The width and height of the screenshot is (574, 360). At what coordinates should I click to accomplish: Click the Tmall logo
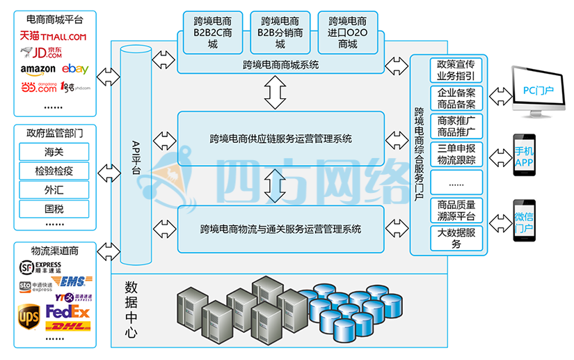click(x=53, y=36)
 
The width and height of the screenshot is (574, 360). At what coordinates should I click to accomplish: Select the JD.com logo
click(x=42, y=52)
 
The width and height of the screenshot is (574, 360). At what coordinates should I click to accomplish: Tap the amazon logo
click(x=38, y=70)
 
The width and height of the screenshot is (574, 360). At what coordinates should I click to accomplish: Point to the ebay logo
click(x=74, y=69)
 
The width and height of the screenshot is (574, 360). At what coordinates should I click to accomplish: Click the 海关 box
click(x=54, y=152)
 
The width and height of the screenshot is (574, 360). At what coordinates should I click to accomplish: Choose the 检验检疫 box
click(x=54, y=171)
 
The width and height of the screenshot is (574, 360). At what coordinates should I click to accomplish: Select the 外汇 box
click(x=54, y=189)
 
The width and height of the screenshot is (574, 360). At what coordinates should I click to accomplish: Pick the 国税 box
click(x=54, y=208)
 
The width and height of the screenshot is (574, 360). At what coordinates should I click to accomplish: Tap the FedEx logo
click(x=67, y=311)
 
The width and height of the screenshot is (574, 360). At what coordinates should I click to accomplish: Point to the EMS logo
click(x=72, y=281)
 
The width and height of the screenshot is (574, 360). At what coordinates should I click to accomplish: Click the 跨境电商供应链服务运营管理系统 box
click(x=280, y=139)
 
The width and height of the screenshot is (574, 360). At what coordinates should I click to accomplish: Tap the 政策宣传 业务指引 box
click(x=456, y=70)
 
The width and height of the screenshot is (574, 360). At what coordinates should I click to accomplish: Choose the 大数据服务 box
click(x=456, y=238)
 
